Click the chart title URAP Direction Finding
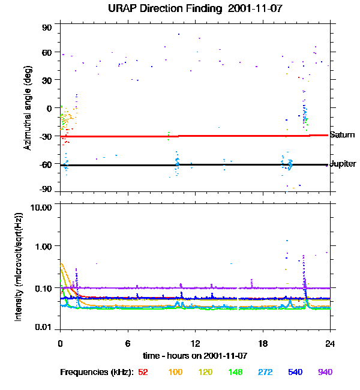tap(150, 8)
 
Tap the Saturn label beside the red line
tap(342, 135)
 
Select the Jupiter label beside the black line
tap(343, 164)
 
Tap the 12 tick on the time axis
tap(195, 343)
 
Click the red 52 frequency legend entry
tap(143, 372)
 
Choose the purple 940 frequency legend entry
tap(325, 372)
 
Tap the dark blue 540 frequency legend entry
tap(294, 372)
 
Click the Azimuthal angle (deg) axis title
tap(27, 108)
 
